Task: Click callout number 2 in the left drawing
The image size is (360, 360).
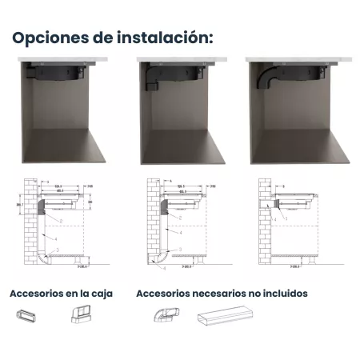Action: pos(50,217)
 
